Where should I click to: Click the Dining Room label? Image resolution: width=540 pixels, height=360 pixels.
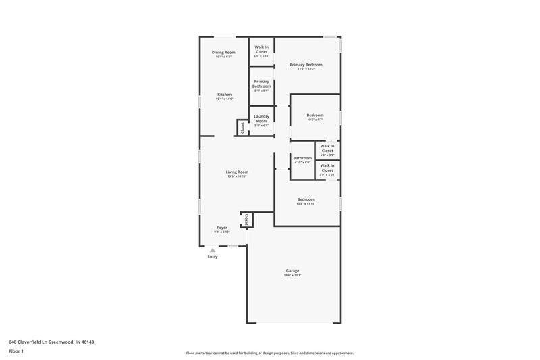(x=223, y=52)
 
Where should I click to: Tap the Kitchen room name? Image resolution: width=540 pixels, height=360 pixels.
(x=224, y=94)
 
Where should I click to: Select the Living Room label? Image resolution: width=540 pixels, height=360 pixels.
(x=237, y=172)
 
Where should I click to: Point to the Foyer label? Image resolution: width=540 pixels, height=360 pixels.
(x=222, y=228)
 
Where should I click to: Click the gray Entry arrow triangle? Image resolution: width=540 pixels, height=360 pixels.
(x=213, y=250)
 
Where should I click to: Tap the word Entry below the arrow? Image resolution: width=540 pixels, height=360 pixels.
(x=213, y=257)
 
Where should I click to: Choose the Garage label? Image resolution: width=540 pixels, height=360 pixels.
(x=292, y=271)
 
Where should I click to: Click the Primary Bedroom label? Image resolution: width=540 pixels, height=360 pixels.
(x=306, y=64)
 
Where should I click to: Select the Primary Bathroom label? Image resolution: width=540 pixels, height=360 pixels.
(x=261, y=84)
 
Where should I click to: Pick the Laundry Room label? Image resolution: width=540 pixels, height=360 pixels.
(x=261, y=118)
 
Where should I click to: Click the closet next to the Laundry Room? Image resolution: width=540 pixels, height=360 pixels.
(x=241, y=127)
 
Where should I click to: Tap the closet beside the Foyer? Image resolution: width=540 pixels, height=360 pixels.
(x=246, y=220)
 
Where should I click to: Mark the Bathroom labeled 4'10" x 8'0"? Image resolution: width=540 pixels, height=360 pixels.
(x=302, y=158)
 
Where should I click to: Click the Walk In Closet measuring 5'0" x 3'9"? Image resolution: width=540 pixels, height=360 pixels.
(x=327, y=148)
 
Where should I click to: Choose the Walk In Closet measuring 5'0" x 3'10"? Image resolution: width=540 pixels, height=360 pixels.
(x=327, y=168)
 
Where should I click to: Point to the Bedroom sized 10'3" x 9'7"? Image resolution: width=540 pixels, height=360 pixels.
(x=315, y=115)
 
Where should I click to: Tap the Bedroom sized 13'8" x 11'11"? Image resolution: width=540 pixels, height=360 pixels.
(x=306, y=199)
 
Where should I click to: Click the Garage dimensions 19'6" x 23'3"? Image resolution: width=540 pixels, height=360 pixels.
(x=292, y=276)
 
